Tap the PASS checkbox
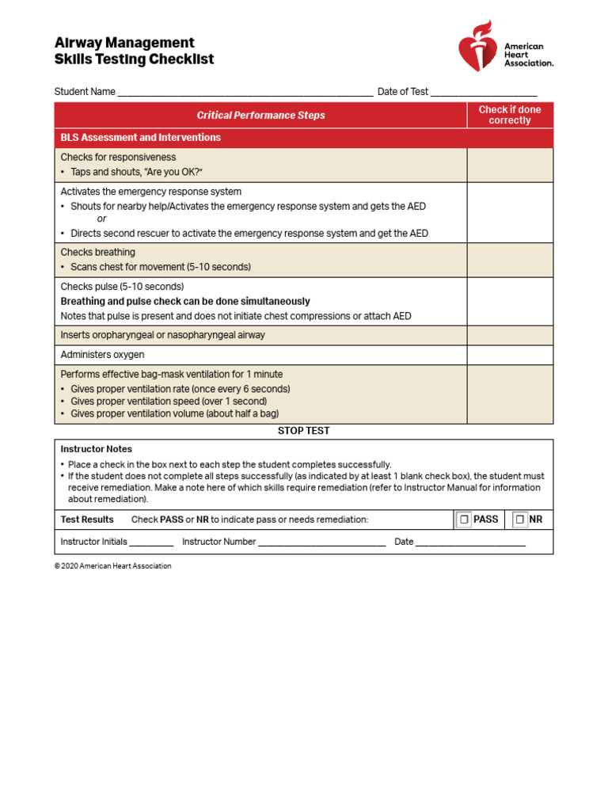(x=465, y=520)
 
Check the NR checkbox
(x=520, y=520)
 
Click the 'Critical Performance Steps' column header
(x=260, y=115)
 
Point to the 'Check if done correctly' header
(x=510, y=115)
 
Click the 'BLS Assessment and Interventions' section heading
(x=141, y=138)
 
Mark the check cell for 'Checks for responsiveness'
(x=510, y=165)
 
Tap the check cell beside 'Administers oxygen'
(x=510, y=355)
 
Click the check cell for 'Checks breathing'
(x=510, y=260)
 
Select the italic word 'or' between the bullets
(x=101, y=219)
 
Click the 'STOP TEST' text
(x=303, y=431)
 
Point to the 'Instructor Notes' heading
(x=97, y=449)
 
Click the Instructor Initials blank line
(x=150, y=543)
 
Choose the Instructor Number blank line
(x=321, y=543)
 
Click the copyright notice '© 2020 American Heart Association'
(x=113, y=566)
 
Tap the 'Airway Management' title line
(x=124, y=43)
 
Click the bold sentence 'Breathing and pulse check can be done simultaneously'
(x=185, y=302)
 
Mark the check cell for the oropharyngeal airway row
(x=510, y=335)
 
